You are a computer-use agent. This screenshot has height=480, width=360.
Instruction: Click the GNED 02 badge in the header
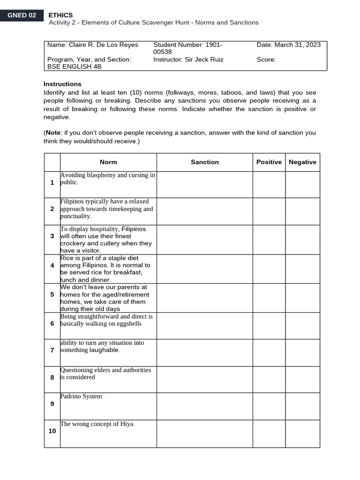point(22,15)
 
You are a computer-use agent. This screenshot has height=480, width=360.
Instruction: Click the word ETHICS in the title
point(60,15)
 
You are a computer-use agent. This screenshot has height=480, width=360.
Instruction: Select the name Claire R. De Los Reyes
point(104,45)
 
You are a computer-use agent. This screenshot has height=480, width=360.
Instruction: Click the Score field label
point(266,60)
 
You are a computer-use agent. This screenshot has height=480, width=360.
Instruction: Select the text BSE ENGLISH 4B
point(75,67)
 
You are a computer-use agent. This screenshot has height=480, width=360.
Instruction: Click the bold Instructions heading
point(62,84)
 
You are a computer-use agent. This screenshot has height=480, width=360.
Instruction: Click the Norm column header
point(108,162)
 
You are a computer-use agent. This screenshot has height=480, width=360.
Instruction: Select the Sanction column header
point(205,162)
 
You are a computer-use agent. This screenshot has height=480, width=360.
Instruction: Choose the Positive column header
point(269,162)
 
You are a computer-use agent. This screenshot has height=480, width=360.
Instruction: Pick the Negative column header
point(302,162)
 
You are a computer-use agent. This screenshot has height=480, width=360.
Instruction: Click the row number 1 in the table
point(52,182)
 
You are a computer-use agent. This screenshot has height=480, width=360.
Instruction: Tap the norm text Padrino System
point(81,397)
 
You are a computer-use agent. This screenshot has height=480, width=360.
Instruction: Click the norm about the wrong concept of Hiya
point(97,424)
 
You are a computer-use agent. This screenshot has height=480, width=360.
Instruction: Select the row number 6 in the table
point(52,324)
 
